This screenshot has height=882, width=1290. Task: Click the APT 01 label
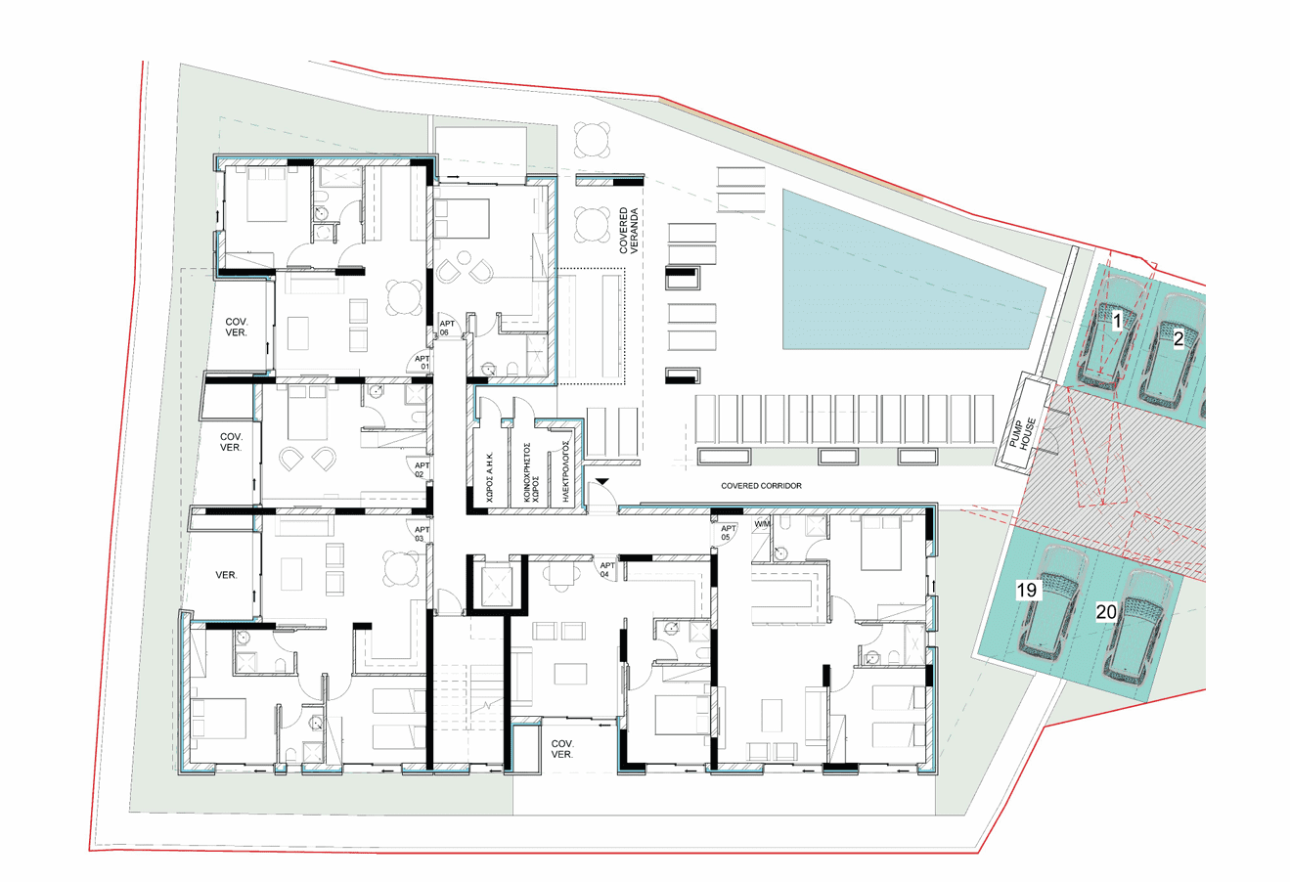click(423, 363)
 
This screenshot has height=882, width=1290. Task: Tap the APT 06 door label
click(447, 328)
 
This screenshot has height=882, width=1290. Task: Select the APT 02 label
click(422, 469)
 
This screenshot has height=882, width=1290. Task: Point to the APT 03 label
click(422, 534)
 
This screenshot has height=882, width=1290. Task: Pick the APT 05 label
click(728, 533)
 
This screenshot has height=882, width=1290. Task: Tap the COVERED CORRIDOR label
click(761, 486)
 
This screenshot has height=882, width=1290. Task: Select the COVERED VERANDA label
click(628, 231)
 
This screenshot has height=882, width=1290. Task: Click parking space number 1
click(1117, 321)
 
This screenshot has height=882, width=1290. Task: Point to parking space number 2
click(1179, 339)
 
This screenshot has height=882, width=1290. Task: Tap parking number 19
click(1026, 590)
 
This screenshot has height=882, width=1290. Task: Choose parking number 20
click(1106, 611)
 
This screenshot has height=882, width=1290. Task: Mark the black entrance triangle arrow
click(601, 481)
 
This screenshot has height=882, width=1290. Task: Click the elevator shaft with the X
click(496, 586)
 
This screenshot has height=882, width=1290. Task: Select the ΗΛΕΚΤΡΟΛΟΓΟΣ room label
click(565, 471)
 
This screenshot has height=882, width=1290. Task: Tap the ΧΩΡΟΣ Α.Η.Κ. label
click(490, 478)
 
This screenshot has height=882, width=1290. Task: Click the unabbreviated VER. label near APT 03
click(226, 575)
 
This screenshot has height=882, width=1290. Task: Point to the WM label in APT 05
click(761, 524)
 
